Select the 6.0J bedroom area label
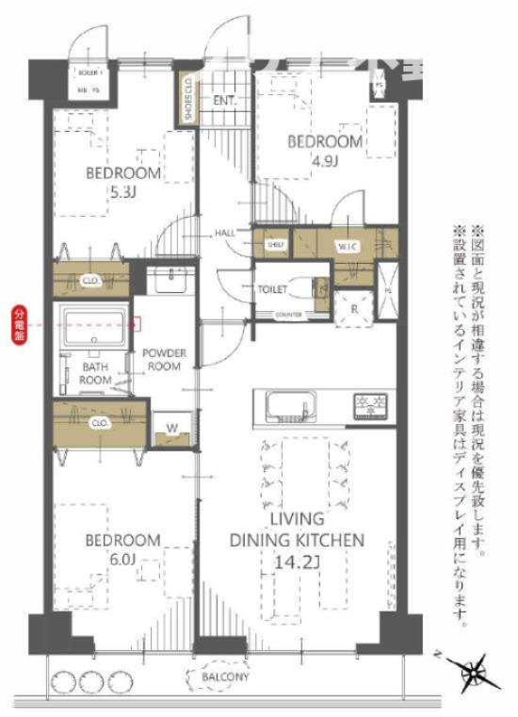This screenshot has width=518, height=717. coord(122,559)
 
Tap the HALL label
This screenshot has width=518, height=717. coord(225,233)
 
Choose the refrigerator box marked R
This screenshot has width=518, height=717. coord(355,308)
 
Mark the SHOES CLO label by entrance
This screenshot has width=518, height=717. coord(187,97)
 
